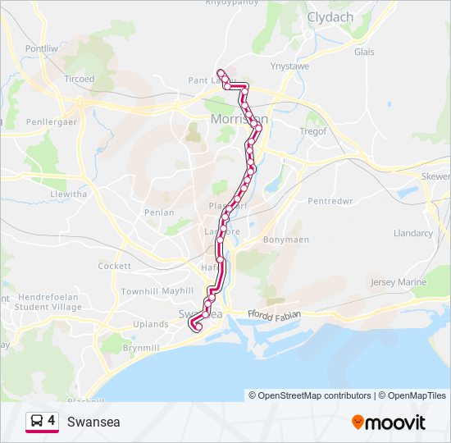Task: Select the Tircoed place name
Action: point(80,79)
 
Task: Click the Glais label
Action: point(364,51)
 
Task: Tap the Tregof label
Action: point(313,130)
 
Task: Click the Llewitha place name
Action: point(68,194)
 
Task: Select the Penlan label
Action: point(159,212)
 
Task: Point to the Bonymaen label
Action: point(286,240)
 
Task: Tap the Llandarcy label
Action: point(412,233)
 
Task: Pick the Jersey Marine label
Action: point(399,282)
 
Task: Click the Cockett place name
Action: point(114,266)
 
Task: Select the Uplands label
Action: point(151,324)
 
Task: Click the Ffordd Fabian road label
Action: point(275,314)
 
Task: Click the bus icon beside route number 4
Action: point(36,422)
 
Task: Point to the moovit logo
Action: point(389,422)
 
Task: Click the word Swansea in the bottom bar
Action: point(93,422)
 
